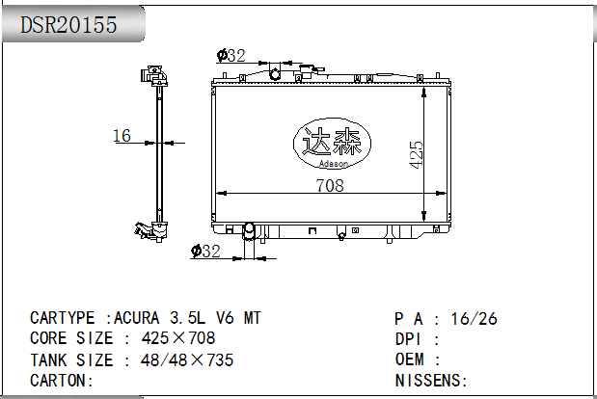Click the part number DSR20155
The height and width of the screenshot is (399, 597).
(68, 25)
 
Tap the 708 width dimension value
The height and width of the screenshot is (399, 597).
(330, 185)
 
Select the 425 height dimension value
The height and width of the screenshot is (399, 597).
(416, 154)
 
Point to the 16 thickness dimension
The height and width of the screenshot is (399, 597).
(122, 136)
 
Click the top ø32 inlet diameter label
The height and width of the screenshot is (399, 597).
(231, 56)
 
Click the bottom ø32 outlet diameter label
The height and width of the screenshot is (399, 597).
(205, 251)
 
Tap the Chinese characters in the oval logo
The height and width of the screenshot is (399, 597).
(331, 142)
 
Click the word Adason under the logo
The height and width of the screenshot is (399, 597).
(334, 164)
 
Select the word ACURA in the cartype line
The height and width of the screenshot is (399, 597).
(137, 318)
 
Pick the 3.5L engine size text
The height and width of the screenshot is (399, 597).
(187, 318)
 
